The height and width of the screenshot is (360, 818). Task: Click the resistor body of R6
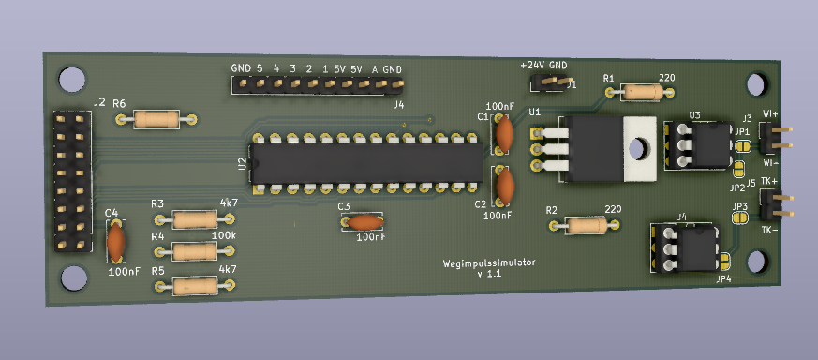(156, 119)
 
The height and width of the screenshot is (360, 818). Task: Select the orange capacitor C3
(365, 223)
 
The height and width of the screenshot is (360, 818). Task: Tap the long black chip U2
(367, 163)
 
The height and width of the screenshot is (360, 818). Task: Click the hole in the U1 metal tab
(636, 149)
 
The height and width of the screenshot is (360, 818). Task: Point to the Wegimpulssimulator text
(489, 262)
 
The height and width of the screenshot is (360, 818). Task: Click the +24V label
(532, 66)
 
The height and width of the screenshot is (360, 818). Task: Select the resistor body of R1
(643, 93)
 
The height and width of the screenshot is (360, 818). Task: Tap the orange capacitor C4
(115, 241)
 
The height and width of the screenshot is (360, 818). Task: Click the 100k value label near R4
(223, 236)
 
